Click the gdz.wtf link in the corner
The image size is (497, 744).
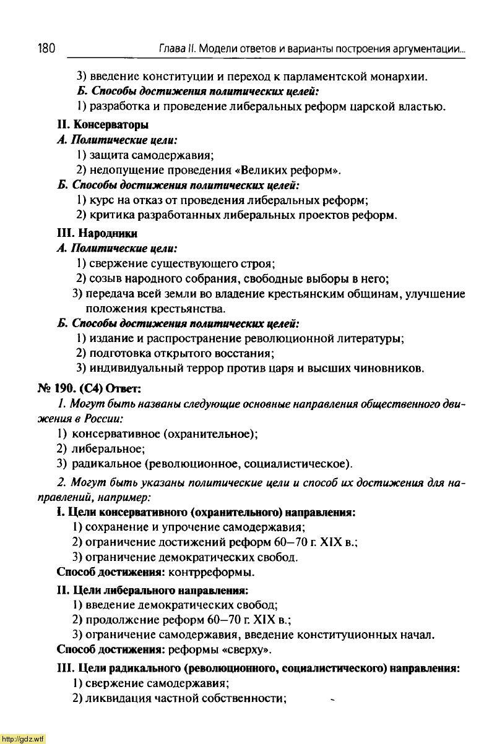tap(23, 738)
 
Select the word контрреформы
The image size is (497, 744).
tap(212, 571)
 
